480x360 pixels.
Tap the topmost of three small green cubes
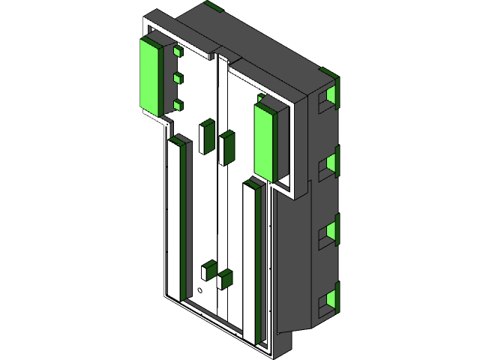pos(178,52)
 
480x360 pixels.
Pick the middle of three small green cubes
pos(178,78)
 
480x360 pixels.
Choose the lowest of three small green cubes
pos(178,105)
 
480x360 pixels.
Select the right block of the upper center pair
pos(226,147)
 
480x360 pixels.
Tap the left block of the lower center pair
pos(208,270)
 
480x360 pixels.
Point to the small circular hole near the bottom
pos(200,289)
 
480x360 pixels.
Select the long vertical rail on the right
pos(253,262)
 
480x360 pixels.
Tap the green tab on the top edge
pos(214,7)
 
